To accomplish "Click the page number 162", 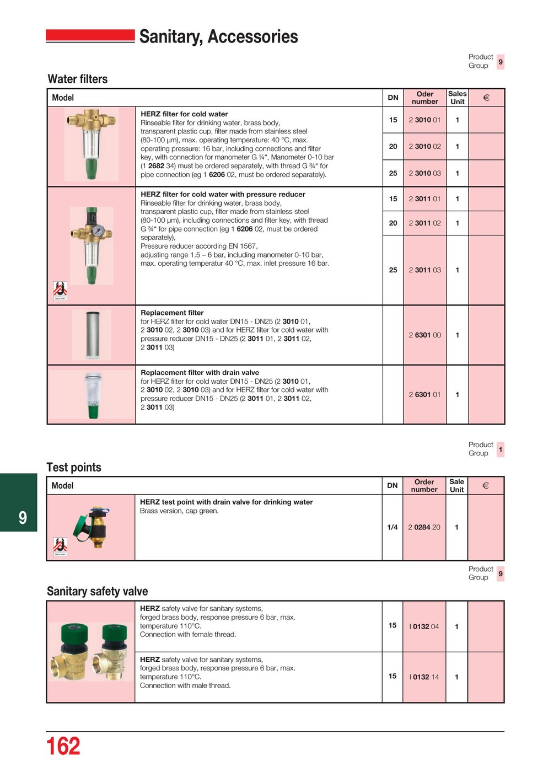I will (63, 747).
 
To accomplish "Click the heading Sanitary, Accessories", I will (218, 36).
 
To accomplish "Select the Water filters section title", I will (78, 79).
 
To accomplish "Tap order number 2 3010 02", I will (424, 147).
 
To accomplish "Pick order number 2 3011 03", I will (424, 270).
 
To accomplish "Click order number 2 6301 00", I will (424, 335).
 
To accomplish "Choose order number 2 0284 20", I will (424, 528).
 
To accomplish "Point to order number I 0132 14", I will (424, 677).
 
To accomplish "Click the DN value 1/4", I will (392, 528).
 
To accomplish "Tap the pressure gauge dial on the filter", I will (98, 231).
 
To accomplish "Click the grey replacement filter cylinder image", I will (92, 335).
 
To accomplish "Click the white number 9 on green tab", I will (23, 518).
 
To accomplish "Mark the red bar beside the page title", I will (90, 36).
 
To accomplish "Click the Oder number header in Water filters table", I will (424, 98).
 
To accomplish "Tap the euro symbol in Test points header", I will (486, 486).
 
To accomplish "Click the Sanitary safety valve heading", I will (98, 592).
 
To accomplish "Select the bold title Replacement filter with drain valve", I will (200, 373).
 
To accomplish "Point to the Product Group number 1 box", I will (500, 450).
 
